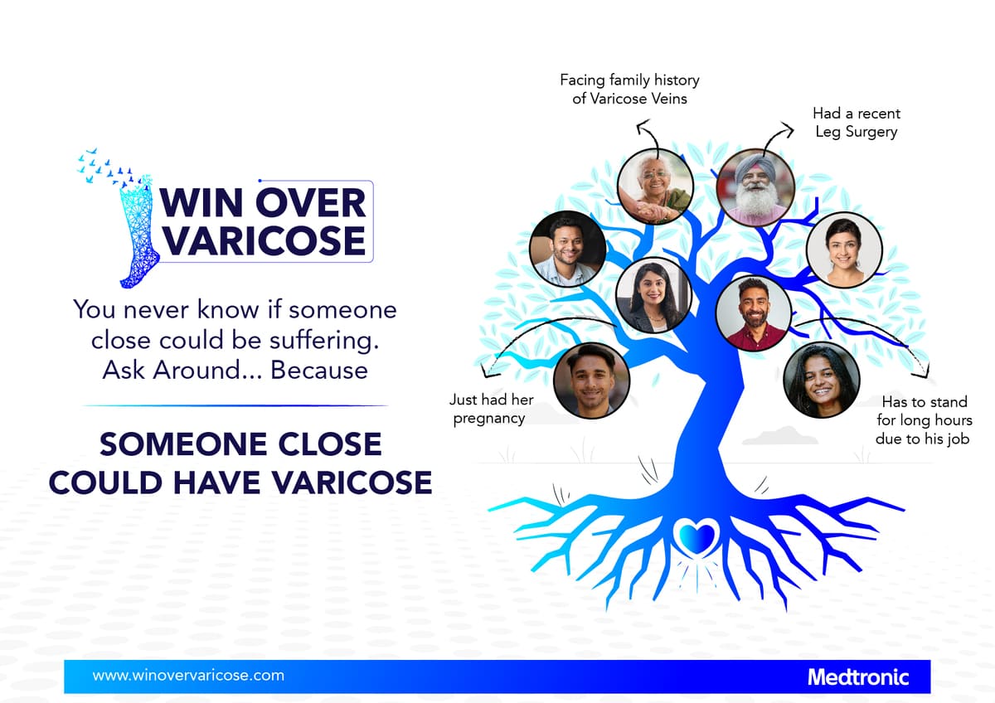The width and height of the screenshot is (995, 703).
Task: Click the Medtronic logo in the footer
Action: point(857,677)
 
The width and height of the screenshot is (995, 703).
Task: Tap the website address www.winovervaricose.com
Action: point(188,676)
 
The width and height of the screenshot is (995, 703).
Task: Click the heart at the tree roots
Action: point(696,536)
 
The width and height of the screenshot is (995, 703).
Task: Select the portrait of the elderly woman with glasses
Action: point(655,187)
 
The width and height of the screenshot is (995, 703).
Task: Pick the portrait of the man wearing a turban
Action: point(755,187)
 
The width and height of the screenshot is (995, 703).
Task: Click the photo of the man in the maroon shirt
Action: point(754,313)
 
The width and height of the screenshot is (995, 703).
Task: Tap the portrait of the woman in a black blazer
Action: point(654,296)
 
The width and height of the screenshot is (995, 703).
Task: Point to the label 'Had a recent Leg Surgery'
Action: point(857,123)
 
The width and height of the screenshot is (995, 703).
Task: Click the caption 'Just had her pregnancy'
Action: point(491,409)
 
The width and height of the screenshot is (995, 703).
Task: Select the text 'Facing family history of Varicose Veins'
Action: point(629,90)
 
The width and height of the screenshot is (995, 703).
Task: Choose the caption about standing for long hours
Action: point(924,420)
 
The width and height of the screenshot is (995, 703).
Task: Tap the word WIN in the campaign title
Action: point(201,203)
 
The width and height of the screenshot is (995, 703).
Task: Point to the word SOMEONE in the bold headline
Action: point(182,444)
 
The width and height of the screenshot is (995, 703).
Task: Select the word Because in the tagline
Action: point(319,370)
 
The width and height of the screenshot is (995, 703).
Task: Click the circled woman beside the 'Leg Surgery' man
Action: point(844,250)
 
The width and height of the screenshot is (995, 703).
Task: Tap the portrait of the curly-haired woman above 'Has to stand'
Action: point(822,380)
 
